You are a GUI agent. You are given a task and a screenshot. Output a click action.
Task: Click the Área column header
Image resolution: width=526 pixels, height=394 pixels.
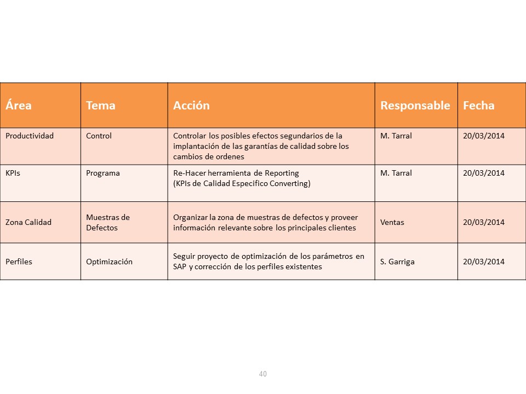point(19,106)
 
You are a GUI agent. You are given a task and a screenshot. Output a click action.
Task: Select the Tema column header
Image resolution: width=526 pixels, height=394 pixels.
point(101,106)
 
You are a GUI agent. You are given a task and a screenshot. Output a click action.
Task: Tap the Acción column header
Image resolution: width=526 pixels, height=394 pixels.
point(191,106)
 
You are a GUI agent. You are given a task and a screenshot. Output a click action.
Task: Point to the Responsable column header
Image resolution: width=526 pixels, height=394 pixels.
point(415,106)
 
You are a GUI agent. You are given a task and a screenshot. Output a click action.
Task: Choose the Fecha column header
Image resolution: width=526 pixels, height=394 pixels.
point(479,106)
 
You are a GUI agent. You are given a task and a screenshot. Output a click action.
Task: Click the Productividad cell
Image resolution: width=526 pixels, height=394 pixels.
point(30,136)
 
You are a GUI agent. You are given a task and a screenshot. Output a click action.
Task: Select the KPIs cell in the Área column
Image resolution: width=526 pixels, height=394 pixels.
point(13,173)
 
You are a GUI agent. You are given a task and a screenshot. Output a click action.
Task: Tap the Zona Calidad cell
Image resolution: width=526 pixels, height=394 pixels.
point(28,222)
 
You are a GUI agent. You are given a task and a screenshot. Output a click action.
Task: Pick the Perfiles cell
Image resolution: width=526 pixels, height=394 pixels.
point(19,262)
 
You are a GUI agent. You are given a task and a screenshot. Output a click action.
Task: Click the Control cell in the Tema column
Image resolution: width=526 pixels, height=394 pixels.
point(99,136)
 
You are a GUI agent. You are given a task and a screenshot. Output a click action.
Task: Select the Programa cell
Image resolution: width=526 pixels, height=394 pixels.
point(103,173)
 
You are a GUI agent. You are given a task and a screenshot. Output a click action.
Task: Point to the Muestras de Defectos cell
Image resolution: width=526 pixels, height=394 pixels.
point(108,222)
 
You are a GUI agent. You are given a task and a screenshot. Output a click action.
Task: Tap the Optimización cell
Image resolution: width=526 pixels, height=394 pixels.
point(110,262)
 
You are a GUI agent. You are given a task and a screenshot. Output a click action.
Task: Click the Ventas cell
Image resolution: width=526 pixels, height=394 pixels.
point(392,222)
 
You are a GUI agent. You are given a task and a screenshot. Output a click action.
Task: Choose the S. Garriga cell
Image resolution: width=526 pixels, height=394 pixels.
point(397,262)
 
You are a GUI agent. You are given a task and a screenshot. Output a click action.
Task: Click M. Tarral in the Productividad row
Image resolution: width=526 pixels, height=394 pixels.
point(396,136)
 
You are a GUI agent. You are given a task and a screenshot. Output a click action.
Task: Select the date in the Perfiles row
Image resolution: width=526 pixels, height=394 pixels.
point(484,262)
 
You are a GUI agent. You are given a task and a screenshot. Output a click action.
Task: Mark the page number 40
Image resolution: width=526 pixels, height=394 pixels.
point(263,374)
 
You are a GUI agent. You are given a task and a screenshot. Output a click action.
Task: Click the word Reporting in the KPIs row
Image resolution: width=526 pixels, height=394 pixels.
point(280,173)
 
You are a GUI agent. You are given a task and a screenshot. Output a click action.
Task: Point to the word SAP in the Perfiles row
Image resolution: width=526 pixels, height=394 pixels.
point(180,267)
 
